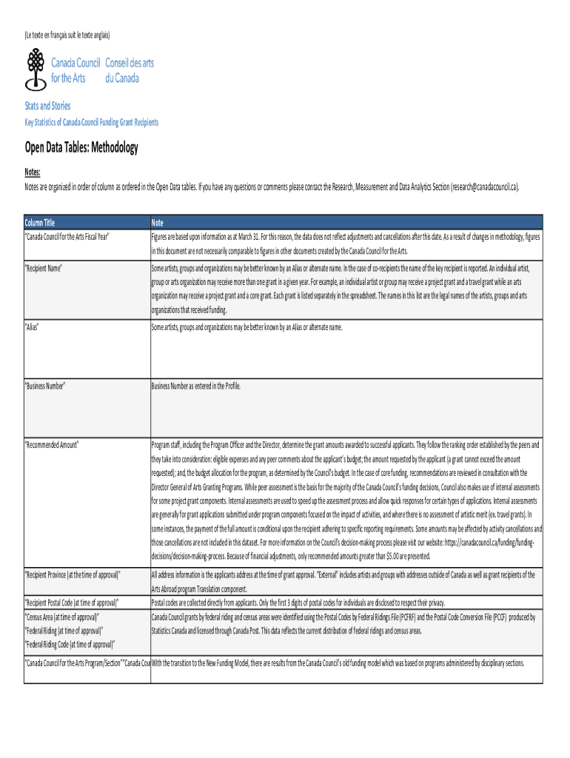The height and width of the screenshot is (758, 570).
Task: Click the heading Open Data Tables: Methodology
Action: pyautogui.click(x=81, y=148)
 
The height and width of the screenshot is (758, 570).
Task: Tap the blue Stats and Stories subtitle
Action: pyautogui.click(x=48, y=107)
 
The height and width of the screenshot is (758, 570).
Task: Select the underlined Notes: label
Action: pyautogui.click(x=33, y=172)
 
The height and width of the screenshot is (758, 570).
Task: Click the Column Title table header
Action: pyautogui.click(x=40, y=222)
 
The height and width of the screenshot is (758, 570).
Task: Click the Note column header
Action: pyautogui.click(x=158, y=222)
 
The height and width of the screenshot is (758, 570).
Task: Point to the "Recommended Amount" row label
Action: pyautogui.click(x=53, y=445)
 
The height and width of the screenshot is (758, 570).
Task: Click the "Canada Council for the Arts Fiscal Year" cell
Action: pyautogui.click(x=71, y=236)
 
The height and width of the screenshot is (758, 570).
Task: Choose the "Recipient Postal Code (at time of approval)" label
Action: pyautogui.click(x=73, y=603)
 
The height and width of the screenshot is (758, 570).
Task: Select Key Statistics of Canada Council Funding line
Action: pyautogui.click(x=92, y=122)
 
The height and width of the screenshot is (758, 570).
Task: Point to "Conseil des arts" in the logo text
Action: pyautogui.click(x=130, y=64)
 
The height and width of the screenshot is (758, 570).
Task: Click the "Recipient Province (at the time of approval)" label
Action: pyautogui.click(x=74, y=574)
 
